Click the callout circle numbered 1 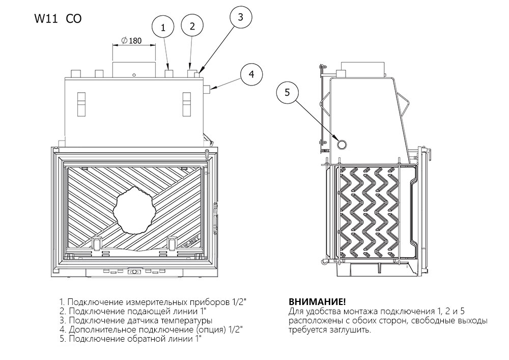[x=163, y=29]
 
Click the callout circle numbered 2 [x=192, y=26]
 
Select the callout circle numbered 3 [x=241, y=17]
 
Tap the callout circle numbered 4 [x=251, y=74]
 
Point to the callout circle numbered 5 [x=287, y=93]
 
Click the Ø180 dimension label [x=132, y=41]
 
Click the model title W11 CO [x=57, y=19]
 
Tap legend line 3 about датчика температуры [x=136, y=320]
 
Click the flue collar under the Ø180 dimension [x=133, y=70]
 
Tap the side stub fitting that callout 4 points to [x=208, y=90]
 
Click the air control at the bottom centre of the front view [x=134, y=272]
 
